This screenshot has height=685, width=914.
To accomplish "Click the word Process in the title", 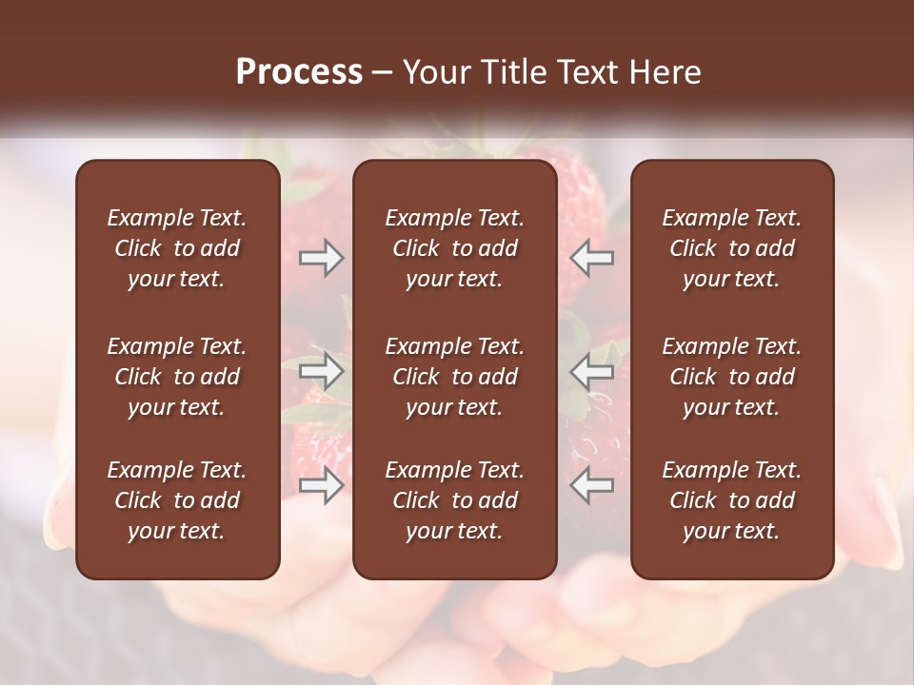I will [299, 72].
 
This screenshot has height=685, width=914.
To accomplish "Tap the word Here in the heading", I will [665, 72].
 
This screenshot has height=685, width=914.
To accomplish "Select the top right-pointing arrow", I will [322, 257].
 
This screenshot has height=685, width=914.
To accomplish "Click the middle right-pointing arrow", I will [322, 371].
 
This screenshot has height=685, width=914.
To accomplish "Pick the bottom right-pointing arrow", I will [322, 485].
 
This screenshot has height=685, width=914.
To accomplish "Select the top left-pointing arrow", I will [592, 257].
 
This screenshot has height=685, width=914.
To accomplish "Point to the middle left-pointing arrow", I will [592, 371].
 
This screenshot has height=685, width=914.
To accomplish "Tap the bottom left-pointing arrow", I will [592, 485].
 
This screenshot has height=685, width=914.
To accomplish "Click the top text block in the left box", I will [177, 248].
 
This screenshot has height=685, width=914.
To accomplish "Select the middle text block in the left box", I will [177, 377].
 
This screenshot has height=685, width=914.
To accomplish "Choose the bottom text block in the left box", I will [177, 500].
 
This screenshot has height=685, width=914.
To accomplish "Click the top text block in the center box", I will [455, 248].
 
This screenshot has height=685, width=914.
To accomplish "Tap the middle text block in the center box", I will [455, 377].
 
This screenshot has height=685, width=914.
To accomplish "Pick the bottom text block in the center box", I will [455, 500].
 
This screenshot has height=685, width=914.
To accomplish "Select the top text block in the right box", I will [732, 248].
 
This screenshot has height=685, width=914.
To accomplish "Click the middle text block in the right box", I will [732, 377].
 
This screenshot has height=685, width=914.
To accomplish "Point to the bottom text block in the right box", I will [732, 500].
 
